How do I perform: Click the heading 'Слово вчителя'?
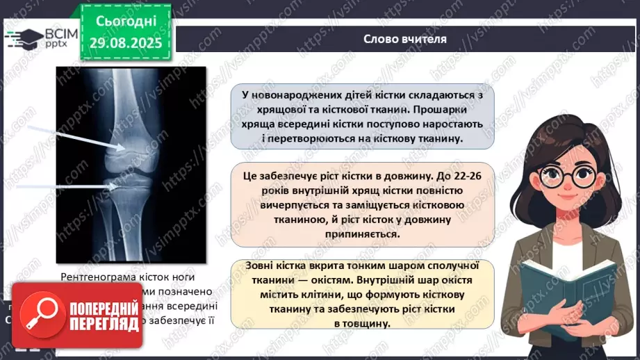coord(405,39)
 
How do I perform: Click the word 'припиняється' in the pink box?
coord(362,234)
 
